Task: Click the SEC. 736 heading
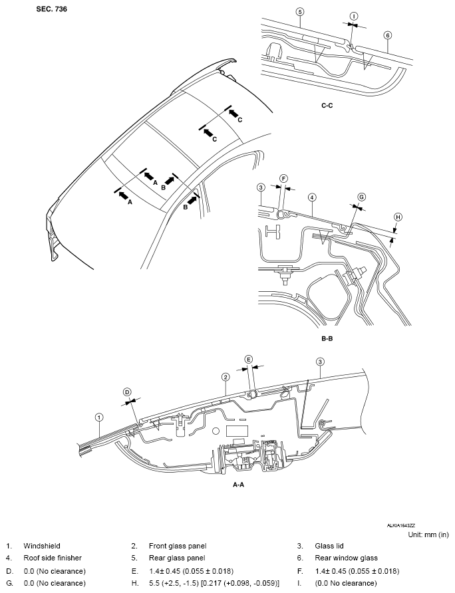51,9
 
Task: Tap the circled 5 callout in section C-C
300,12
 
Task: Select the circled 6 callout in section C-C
387,35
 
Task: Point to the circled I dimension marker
354,16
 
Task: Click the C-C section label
327,106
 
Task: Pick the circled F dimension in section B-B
283,179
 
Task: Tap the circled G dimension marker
361,197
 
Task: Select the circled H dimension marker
398,217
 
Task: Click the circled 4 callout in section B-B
312,197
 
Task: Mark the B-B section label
327,338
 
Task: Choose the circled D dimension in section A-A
127,392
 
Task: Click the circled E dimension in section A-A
248,359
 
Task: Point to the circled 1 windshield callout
99,417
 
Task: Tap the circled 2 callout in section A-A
226,377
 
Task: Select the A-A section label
238,485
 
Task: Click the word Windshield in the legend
42,546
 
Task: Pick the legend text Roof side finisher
53,558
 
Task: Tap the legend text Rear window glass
346,558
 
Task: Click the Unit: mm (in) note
428,534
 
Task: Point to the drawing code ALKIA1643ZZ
401,525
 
